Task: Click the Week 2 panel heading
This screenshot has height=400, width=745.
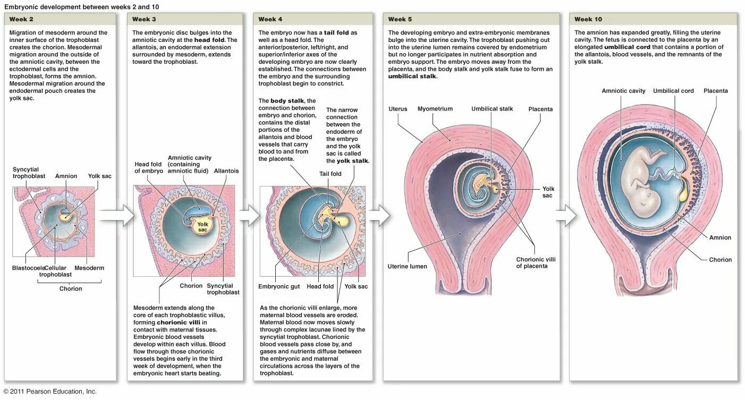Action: pyautogui.click(x=21, y=20)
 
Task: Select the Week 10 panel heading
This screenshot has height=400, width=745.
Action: pyautogui.click(x=588, y=20)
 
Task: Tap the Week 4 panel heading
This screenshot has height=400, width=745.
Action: pyautogui.click(x=270, y=20)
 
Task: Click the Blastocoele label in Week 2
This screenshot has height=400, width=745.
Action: pyautogui.click(x=28, y=268)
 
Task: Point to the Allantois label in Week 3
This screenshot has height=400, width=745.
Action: pyautogui.click(x=226, y=171)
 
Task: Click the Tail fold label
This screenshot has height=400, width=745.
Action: pyautogui.click(x=330, y=174)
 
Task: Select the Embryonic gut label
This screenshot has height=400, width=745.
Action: pyautogui.click(x=279, y=287)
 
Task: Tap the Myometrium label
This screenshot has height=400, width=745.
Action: pyautogui.click(x=435, y=109)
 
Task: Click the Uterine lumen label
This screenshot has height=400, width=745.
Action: pyautogui.click(x=407, y=267)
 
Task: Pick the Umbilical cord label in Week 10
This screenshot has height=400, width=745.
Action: pyautogui.click(x=673, y=91)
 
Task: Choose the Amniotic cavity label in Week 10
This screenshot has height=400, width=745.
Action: pyautogui.click(x=623, y=91)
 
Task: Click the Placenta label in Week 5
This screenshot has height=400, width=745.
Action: pyautogui.click(x=540, y=109)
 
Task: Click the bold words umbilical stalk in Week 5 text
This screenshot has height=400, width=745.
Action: pyautogui.click(x=412, y=76)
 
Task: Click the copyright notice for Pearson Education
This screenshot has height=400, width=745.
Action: pyautogui.click(x=50, y=392)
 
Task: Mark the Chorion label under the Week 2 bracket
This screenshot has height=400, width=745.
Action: pyautogui.click(x=71, y=289)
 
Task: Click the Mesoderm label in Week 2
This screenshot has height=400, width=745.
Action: pyautogui.click(x=89, y=268)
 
